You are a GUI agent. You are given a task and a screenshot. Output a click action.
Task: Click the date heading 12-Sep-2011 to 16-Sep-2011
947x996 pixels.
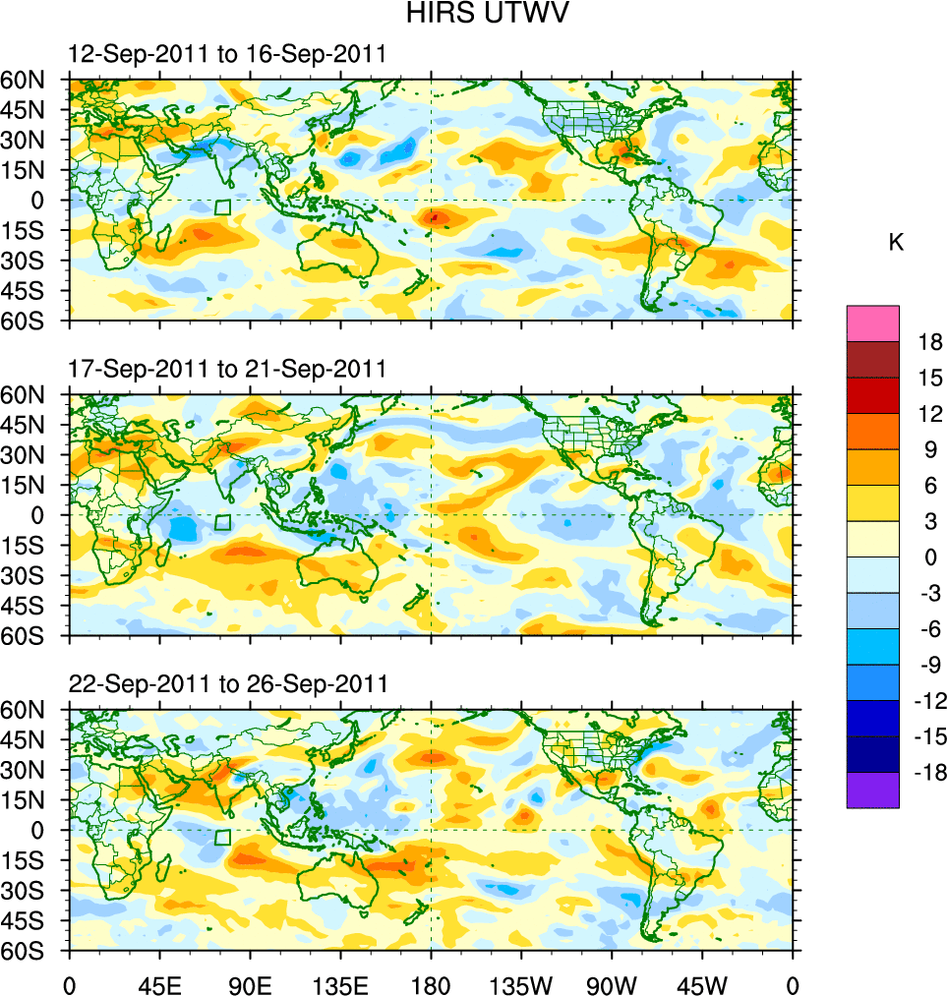[x=226, y=54]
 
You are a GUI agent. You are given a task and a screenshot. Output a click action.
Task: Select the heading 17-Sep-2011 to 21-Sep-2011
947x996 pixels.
[x=226, y=369]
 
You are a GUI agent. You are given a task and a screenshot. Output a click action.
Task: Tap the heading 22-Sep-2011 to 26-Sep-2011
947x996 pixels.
[x=228, y=683]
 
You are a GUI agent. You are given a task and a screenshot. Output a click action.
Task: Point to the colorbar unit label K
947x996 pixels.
[x=896, y=243]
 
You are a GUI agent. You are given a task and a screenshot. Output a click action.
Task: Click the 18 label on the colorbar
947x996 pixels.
[x=930, y=342]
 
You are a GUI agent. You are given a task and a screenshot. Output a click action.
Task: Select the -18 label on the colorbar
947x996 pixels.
[x=927, y=773]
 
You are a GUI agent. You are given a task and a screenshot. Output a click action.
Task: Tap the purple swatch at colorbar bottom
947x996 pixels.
[x=872, y=791]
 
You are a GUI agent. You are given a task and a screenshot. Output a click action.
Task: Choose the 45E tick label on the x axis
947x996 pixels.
[x=159, y=983]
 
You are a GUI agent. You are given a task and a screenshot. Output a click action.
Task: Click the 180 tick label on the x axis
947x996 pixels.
[x=431, y=983]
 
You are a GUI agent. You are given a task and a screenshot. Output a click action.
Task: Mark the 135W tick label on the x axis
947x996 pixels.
[x=521, y=983]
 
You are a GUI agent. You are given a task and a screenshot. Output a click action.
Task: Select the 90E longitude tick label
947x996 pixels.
[x=250, y=983]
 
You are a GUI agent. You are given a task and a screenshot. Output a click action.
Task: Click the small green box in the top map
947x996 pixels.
[x=222, y=207]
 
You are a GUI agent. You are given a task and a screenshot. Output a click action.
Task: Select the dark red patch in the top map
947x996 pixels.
[x=435, y=215]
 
